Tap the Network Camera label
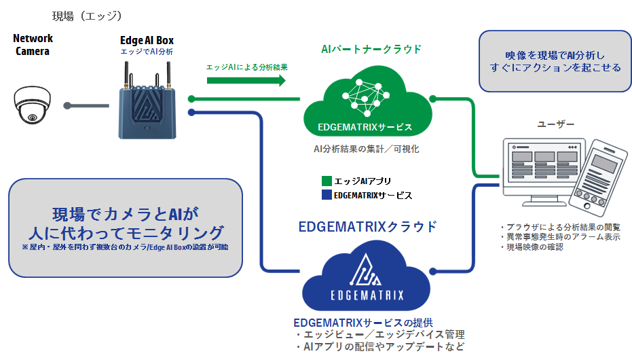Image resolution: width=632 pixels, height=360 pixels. click(x=33, y=45)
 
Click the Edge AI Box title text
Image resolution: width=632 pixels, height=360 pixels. click(x=147, y=41)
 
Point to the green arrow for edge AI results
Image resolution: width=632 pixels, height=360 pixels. click(x=246, y=81)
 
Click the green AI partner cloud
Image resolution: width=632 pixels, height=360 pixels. click(x=367, y=109)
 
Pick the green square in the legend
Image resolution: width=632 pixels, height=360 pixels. click(x=327, y=181)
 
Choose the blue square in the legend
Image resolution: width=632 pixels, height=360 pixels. click(x=327, y=195)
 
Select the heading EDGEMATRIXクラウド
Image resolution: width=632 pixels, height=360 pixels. click(x=367, y=227)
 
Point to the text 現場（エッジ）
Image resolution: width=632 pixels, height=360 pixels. click(x=86, y=15)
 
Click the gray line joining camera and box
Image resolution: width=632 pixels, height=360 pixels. click(x=87, y=105)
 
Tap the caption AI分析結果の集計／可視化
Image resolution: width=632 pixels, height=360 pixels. click(x=366, y=149)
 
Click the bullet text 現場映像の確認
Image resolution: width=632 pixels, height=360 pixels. click(x=534, y=247)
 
